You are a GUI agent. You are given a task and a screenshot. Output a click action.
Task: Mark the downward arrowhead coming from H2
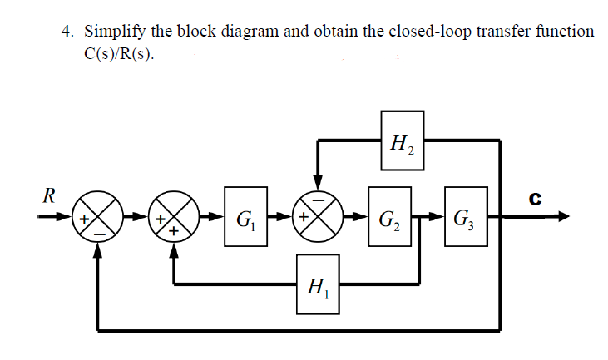tap(318, 186)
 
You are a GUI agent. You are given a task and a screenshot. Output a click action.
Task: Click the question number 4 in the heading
tap(67, 32)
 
